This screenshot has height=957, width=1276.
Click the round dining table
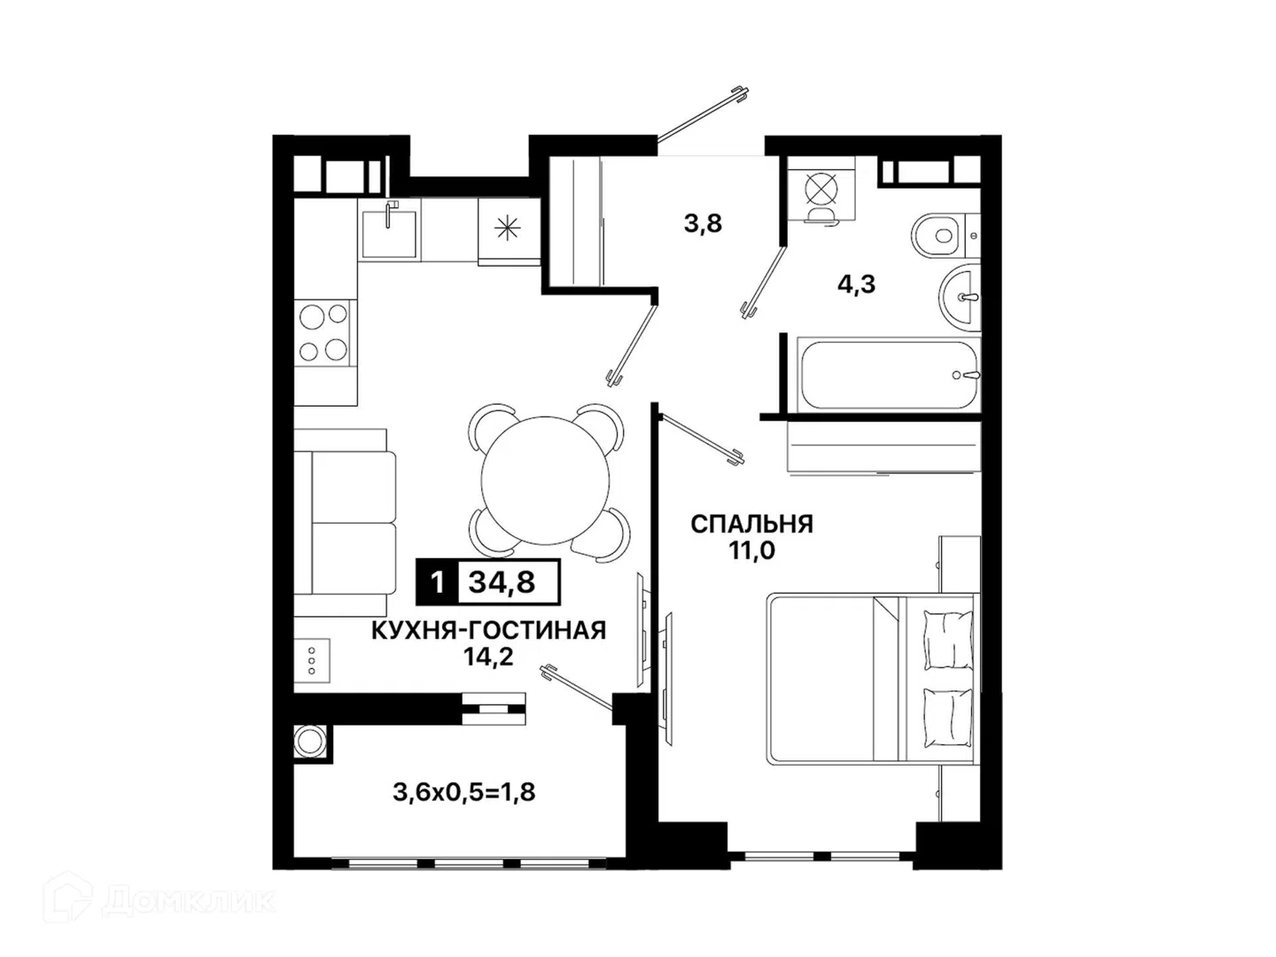pyautogui.click(x=545, y=480)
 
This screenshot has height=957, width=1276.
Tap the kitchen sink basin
pyautogui.click(x=389, y=234)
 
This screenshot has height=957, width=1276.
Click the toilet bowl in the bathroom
pyautogui.click(x=936, y=236)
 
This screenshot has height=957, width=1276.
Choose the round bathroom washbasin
pyautogui.click(x=959, y=298)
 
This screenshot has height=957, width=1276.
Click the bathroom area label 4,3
pyautogui.click(x=856, y=284)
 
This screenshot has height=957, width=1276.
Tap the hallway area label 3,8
pyautogui.click(x=702, y=223)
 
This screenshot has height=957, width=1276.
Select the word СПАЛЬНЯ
pyautogui.click(x=751, y=524)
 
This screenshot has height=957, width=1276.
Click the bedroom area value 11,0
pyautogui.click(x=752, y=550)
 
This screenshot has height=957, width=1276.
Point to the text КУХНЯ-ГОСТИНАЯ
pyautogui.click(x=488, y=630)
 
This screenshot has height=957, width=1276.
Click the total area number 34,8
pyautogui.click(x=502, y=581)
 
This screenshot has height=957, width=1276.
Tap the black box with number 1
pyautogui.click(x=437, y=582)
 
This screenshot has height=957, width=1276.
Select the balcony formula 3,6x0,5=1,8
pyautogui.click(x=464, y=792)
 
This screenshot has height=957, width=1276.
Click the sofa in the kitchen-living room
pyautogui.click(x=345, y=523)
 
